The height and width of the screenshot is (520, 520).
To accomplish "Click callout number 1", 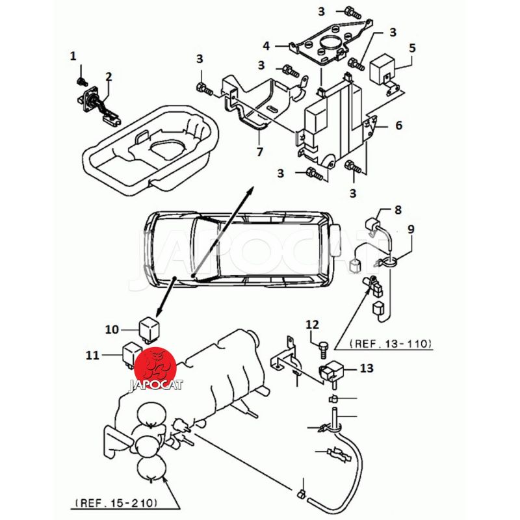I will click(x=73, y=57).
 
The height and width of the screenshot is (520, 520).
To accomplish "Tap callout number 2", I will click(x=109, y=77).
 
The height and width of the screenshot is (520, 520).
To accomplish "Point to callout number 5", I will click(x=412, y=48).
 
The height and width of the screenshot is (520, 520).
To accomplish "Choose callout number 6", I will click(x=398, y=125).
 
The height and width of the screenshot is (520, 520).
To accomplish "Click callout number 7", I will click(x=259, y=152).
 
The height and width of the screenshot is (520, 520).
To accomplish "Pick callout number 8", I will click(x=398, y=209).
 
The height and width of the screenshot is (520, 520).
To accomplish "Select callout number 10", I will click(x=112, y=330).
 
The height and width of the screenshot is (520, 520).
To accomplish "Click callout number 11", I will click(x=92, y=355).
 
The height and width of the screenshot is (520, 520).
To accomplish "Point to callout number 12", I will click(x=313, y=324).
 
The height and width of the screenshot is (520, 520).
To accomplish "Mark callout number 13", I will click(x=367, y=368).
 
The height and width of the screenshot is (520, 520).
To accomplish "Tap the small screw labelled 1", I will click(x=81, y=81).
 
